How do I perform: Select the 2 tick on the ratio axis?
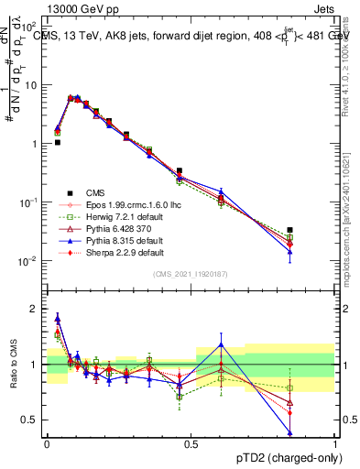[x=35, y=309]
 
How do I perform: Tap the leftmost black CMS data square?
[x=57, y=143]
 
